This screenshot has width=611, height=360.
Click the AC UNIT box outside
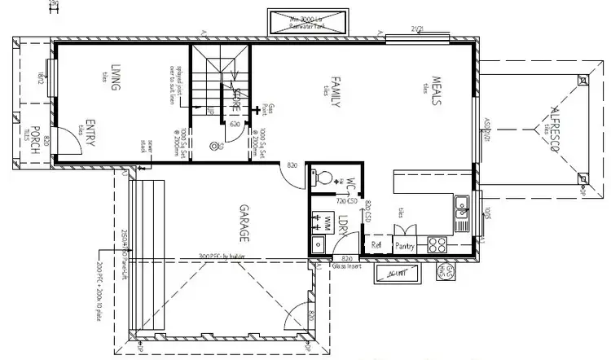point(398,274)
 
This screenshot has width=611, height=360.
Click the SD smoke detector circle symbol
point(213,147)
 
